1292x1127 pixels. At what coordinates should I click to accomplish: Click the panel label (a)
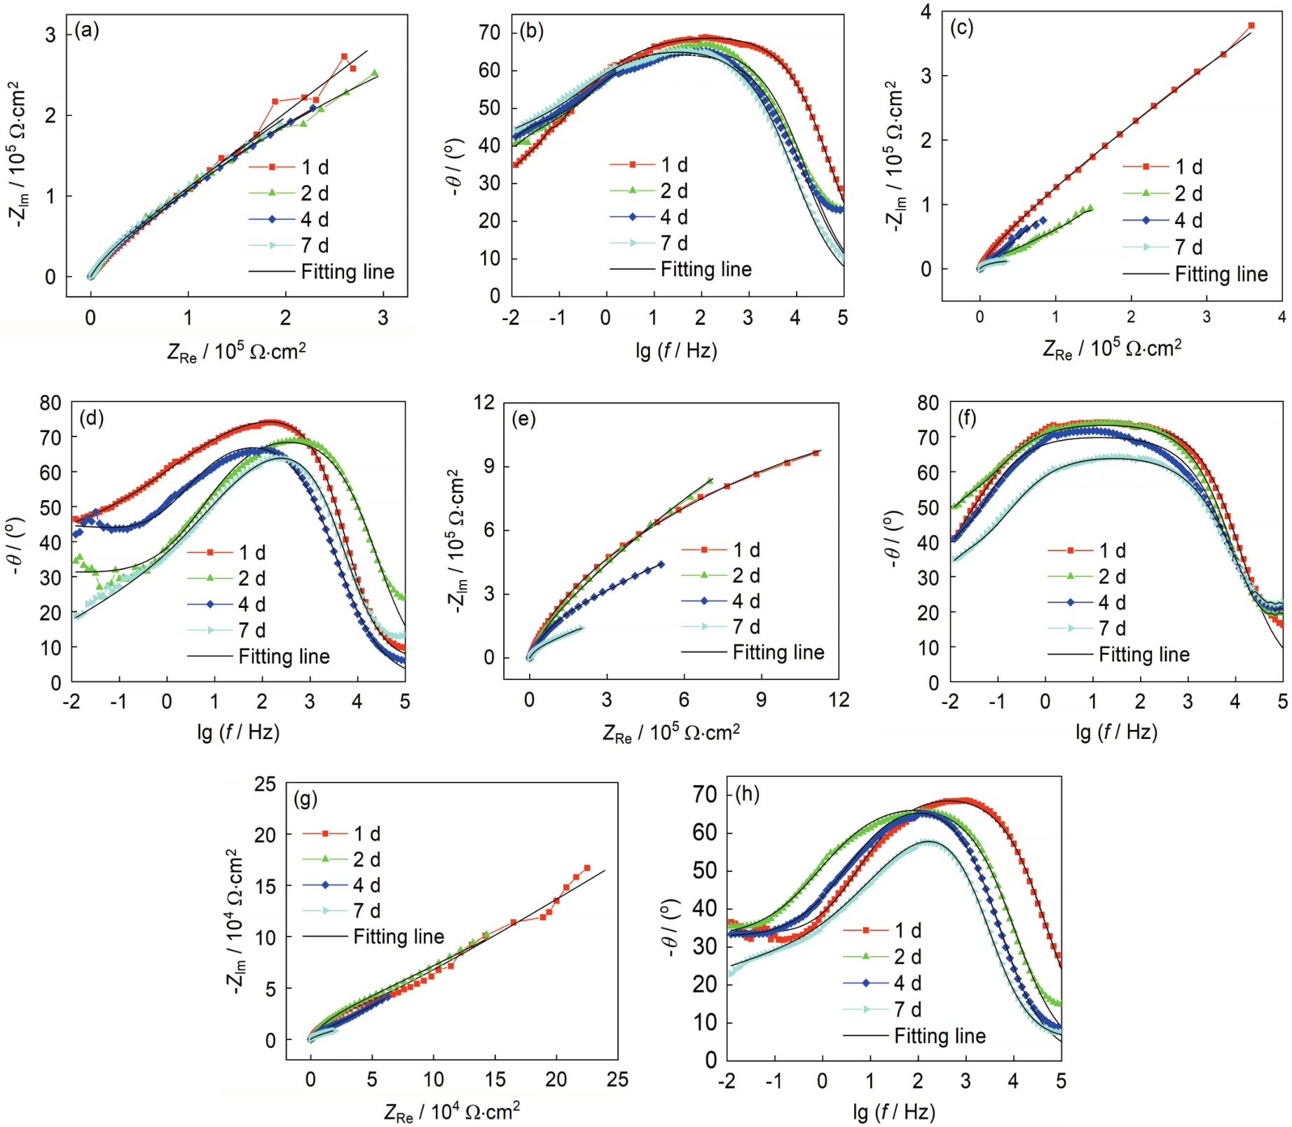click(87, 30)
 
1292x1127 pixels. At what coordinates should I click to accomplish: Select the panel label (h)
click(747, 794)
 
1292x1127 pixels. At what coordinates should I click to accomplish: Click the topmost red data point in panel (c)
click(1251, 26)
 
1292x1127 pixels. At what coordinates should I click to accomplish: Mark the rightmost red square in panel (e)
click(816, 453)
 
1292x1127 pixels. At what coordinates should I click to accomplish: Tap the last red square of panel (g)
click(586, 868)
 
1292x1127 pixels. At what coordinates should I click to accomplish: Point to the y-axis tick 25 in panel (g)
click(265, 784)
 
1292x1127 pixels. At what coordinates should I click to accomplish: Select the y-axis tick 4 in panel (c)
click(926, 11)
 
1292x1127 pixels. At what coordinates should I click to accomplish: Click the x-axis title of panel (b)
click(676, 350)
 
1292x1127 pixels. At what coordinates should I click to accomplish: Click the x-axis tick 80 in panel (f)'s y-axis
click(928, 403)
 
